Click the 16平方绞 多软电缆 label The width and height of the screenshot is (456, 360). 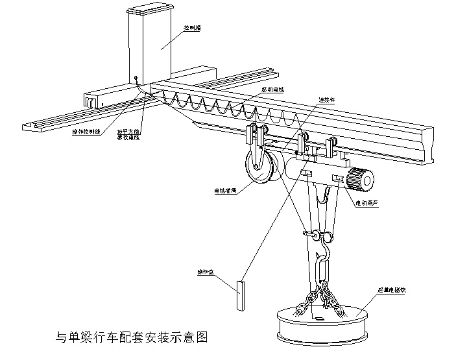point(128,134)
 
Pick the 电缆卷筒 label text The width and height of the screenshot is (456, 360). point(224,191)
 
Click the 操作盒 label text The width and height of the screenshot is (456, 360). point(206,271)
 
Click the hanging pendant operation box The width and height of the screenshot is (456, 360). point(241,296)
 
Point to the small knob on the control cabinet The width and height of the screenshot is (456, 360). point(136,78)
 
